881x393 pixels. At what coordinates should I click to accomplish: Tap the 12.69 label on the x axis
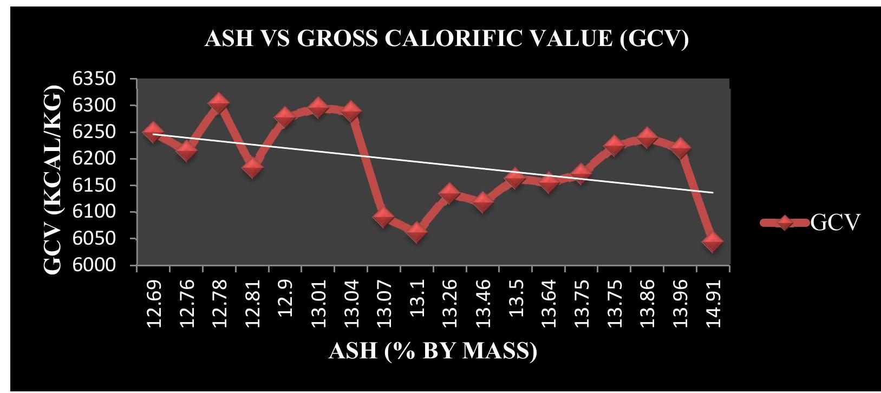pyautogui.click(x=154, y=303)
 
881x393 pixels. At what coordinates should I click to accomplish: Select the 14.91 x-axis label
pyautogui.click(x=713, y=303)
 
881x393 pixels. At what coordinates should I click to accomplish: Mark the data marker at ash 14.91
pyautogui.click(x=713, y=241)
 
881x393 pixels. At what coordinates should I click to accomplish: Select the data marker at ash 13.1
pyautogui.click(x=417, y=232)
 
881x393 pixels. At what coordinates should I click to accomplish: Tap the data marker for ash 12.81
pyautogui.click(x=253, y=167)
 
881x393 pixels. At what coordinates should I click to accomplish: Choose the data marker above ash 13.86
pyautogui.click(x=647, y=137)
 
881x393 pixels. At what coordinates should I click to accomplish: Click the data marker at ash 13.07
pyautogui.click(x=383, y=217)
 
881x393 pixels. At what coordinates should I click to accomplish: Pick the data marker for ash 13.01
pyautogui.click(x=318, y=108)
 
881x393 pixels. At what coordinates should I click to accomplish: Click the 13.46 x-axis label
pyautogui.click(x=483, y=303)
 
